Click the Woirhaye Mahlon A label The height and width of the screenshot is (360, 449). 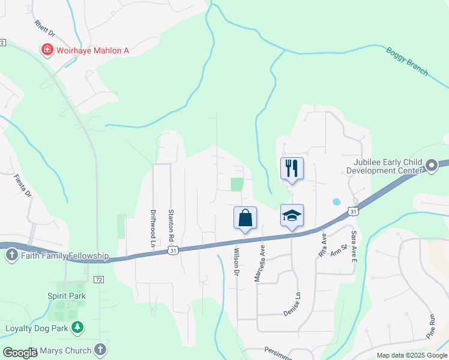(x=92, y=50)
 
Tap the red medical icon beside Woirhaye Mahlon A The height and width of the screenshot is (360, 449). (x=46, y=50)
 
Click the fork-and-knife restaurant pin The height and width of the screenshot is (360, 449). (x=292, y=168)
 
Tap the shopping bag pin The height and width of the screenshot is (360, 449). (x=246, y=218)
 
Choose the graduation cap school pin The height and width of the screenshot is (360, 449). (x=292, y=216)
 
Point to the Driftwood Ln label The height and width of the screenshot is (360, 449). (x=152, y=227)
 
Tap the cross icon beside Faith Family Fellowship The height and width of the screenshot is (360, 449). (x=11, y=256)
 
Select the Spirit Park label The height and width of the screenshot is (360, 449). (x=66, y=296)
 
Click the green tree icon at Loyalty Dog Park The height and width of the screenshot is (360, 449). (x=77, y=328)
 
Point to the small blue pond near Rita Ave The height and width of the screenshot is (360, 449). (x=336, y=202)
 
